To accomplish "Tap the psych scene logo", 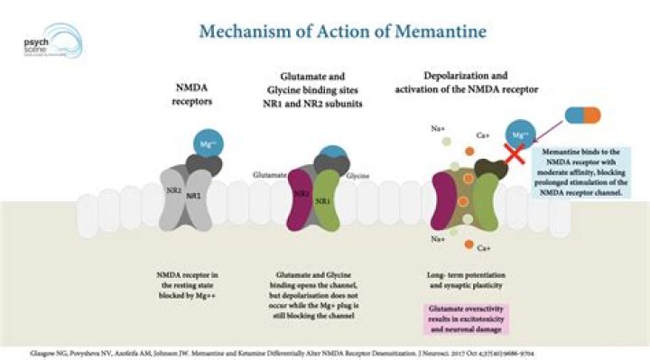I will point(49,44).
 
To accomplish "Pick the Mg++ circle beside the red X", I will point(520,134).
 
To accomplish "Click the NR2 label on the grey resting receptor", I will point(168,192).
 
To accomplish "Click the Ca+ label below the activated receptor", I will point(484,247).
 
